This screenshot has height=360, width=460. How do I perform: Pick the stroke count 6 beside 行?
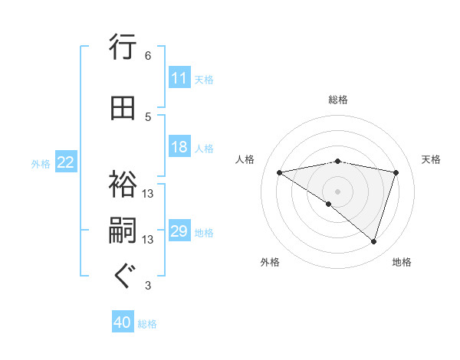tap(148, 56)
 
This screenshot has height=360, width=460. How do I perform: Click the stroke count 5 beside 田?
tap(148, 116)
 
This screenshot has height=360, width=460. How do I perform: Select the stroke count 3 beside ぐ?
tap(148, 286)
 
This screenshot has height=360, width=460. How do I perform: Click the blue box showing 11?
tap(179, 78)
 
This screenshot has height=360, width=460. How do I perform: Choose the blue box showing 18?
tap(179, 147)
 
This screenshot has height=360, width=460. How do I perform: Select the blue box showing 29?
tap(179, 231)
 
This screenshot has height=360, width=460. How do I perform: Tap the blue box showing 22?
tap(66, 162)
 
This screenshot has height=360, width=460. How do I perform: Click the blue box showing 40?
tap(123, 322)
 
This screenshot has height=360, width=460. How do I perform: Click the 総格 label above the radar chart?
tap(337, 100)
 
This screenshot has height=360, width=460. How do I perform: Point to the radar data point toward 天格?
tap(396, 172)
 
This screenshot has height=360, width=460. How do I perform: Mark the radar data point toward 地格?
tap(373, 242)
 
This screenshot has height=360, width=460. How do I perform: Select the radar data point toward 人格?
tap(279, 172)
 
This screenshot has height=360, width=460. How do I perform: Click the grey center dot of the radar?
tap(337, 191)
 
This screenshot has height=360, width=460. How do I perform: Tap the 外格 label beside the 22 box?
tap(41, 163)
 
